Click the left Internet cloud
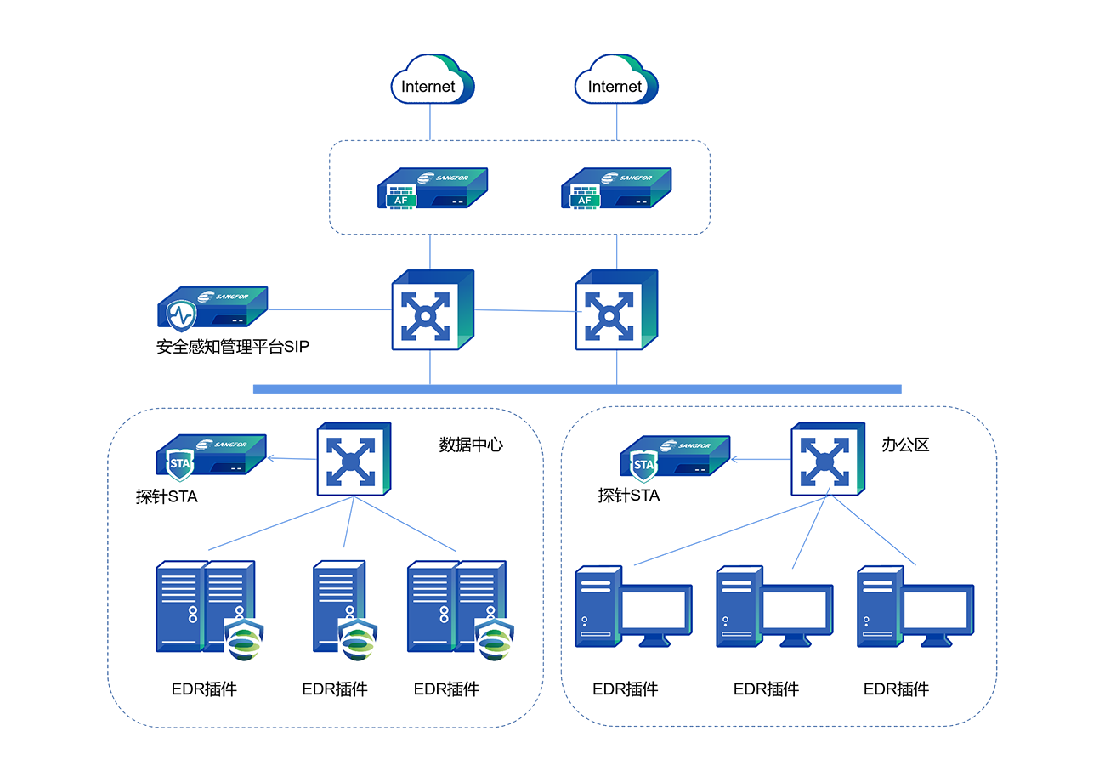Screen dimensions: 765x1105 430,84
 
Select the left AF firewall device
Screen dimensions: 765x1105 432,189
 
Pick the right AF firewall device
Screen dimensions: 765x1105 617,189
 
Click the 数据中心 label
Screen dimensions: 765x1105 471,445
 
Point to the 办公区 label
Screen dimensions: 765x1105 905,445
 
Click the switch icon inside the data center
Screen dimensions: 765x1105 354,460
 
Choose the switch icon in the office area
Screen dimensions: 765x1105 828,460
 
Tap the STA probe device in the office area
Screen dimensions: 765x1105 675,456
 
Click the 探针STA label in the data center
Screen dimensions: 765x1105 167,497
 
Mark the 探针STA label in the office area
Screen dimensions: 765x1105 629,496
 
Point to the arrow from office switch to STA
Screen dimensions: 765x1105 760,459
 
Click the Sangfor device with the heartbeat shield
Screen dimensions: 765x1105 214,309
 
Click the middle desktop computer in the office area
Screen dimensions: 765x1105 774,605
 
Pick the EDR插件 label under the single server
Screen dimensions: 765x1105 335,689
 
